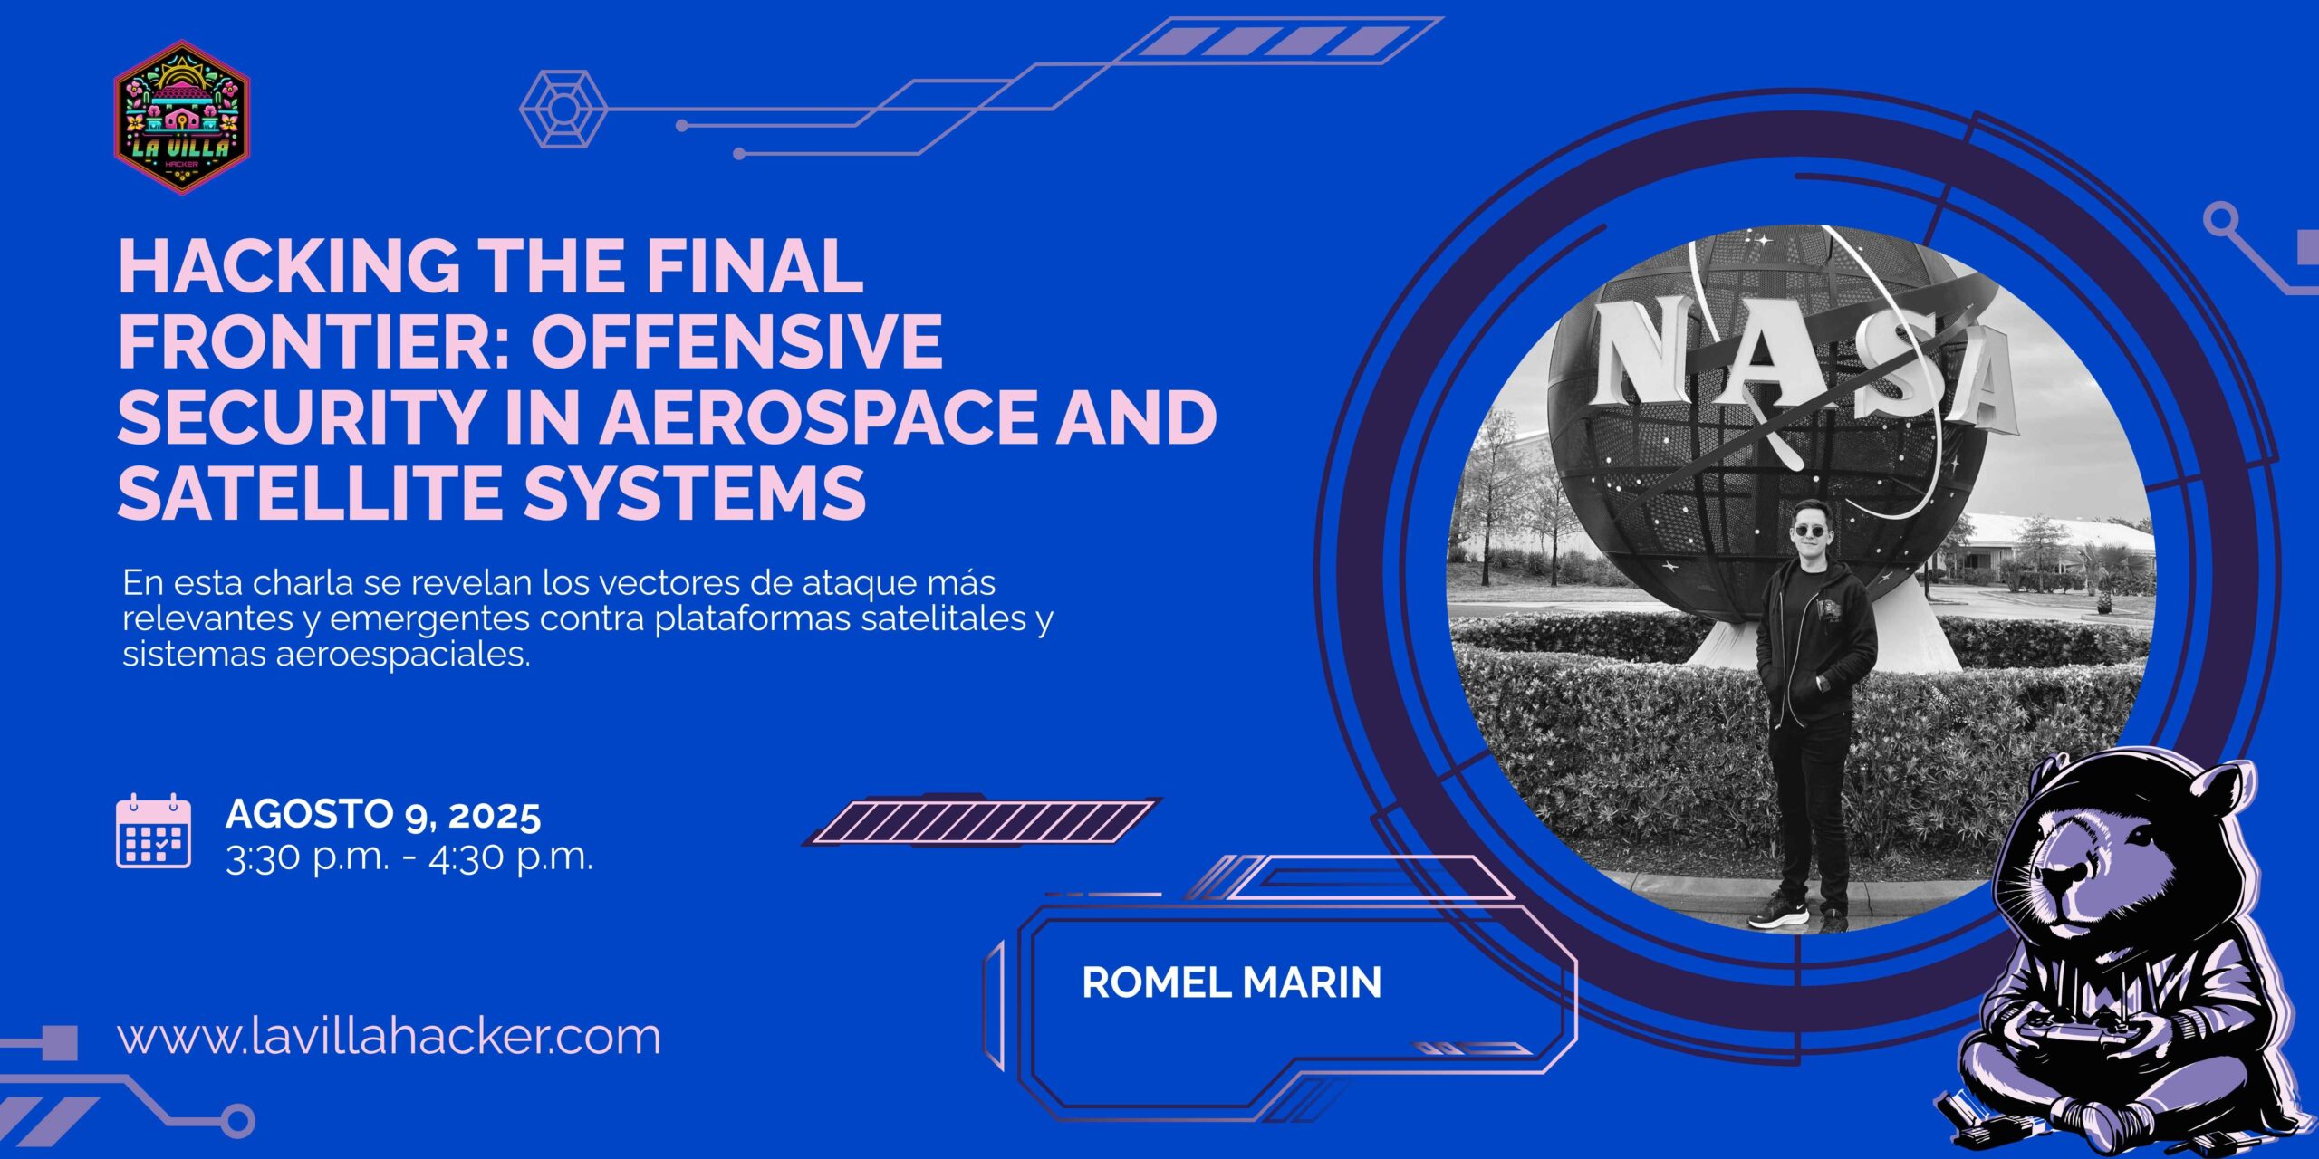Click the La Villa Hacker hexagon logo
click(182, 117)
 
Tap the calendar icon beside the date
click(154, 831)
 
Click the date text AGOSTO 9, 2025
click(383, 814)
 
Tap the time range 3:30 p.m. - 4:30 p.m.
click(409, 857)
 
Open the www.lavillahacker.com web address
click(390, 1036)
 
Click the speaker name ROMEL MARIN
click(1232, 982)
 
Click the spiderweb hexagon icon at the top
click(562, 109)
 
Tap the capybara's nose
click(2068, 876)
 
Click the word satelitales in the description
click(944, 618)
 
